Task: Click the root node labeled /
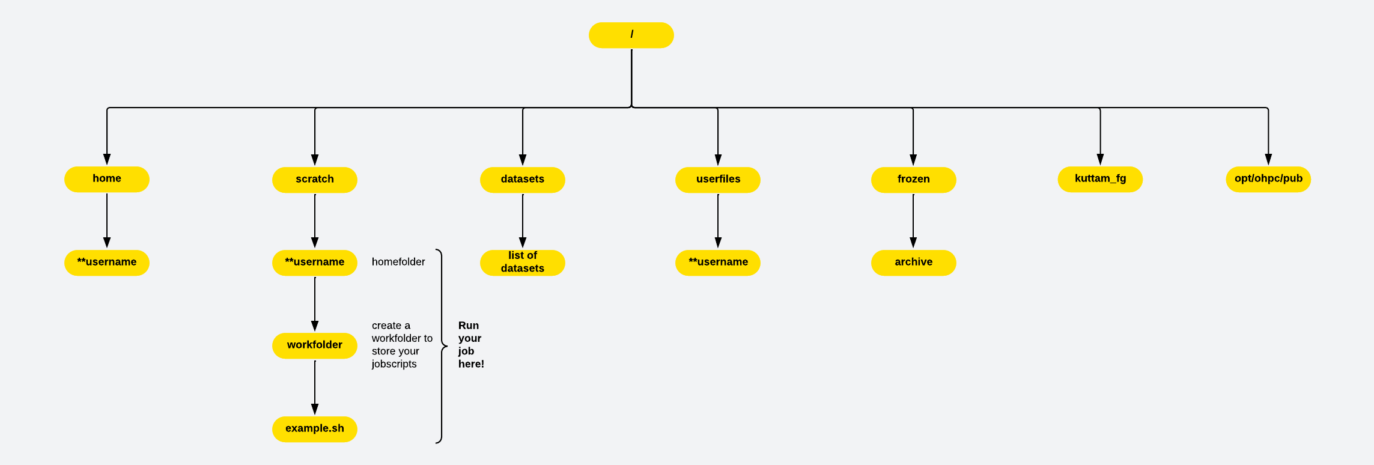pyautogui.click(x=631, y=35)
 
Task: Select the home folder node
pyautogui.click(x=107, y=179)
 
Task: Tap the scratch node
pyautogui.click(x=315, y=180)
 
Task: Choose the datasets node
pyautogui.click(x=523, y=180)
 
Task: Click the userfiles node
pyautogui.click(x=718, y=180)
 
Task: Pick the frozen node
pyautogui.click(x=913, y=180)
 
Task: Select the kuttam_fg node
pyautogui.click(x=1100, y=179)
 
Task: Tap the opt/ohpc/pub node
pyautogui.click(x=1268, y=179)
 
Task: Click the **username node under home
pyautogui.click(x=107, y=263)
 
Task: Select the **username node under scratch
pyautogui.click(x=315, y=263)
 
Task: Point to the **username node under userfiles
pyautogui.click(x=718, y=263)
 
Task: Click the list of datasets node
pyautogui.click(x=523, y=263)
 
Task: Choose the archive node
pyautogui.click(x=913, y=263)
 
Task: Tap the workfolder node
pyautogui.click(x=315, y=345)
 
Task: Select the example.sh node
pyautogui.click(x=315, y=429)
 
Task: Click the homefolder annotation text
pyautogui.click(x=398, y=262)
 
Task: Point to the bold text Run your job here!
pyautogui.click(x=470, y=345)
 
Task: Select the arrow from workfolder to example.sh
pyautogui.click(x=315, y=387)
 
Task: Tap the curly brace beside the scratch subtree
pyautogui.click(x=442, y=346)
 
